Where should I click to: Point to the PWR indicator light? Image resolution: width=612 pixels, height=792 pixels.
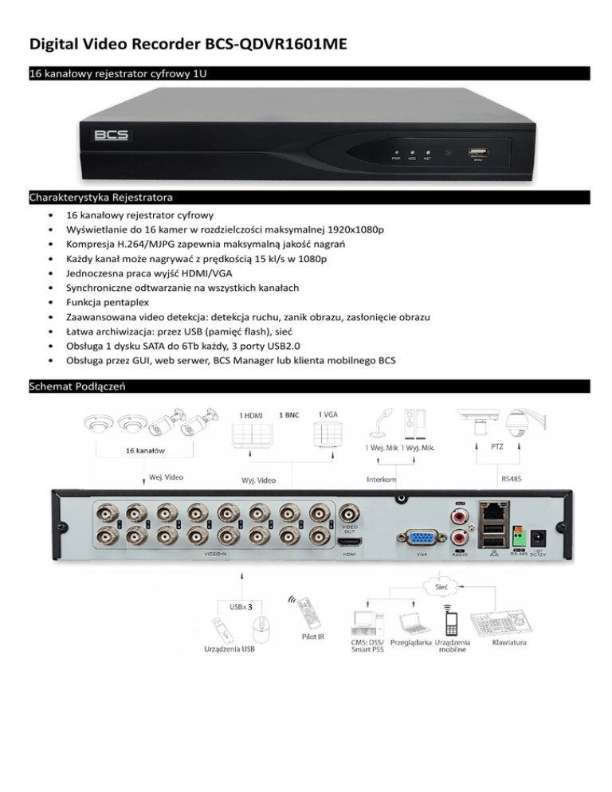click(x=394, y=152)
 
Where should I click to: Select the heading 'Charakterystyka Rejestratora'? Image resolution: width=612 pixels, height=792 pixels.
click(x=102, y=196)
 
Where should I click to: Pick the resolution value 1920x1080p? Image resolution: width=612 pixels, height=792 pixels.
click(x=349, y=229)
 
